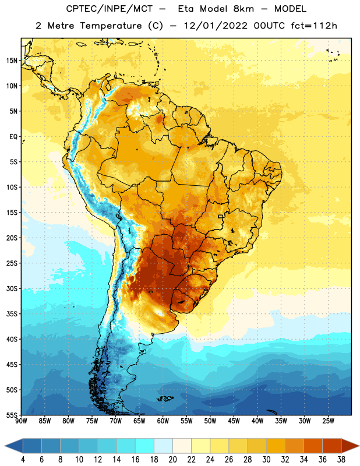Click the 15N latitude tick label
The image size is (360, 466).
coord(12,61)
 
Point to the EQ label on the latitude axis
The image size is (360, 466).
coord(13,137)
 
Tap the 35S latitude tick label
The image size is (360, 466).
coord(12,314)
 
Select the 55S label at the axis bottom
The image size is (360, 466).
coord(12,415)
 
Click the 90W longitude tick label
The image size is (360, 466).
coord(22,421)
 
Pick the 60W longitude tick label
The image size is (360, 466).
coord(163,421)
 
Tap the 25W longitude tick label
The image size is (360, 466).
coord(328,421)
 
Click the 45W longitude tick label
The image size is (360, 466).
coord(234,421)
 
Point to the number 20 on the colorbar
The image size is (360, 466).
coord(172,460)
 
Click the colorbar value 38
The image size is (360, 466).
coord(341,460)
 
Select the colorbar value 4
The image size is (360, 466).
coord(23,460)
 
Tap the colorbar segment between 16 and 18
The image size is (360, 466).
coord(145,446)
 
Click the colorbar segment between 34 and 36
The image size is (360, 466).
coord(313,446)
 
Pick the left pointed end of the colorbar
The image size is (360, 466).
coord(5,446)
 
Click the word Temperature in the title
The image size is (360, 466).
coord(111,26)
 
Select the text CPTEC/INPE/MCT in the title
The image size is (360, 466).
coord(109,9)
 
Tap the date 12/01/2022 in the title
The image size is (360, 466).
coord(216,26)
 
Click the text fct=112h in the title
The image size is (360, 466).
coord(314,26)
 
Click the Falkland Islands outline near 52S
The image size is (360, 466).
coord(165,398)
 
